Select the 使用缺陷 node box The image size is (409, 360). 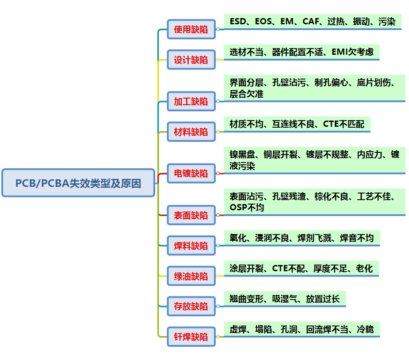(x=191, y=30)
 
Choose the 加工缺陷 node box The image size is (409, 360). (x=191, y=102)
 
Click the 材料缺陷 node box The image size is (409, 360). (x=191, y=132)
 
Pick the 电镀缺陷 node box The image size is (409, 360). (x=191, y=174)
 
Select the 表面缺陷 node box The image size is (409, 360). (x=191, y=216)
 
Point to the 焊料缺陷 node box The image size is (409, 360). (x=191, y=246)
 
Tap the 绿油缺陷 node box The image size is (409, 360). (x=191, y=277)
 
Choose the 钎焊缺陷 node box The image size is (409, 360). (x=191, y=337)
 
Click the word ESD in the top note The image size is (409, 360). (x=238, y=21)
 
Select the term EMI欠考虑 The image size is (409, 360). (x=352, y=52)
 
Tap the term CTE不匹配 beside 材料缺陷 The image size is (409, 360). (x=344, y=124)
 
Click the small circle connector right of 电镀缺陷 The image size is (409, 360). (x=218, y=174)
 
